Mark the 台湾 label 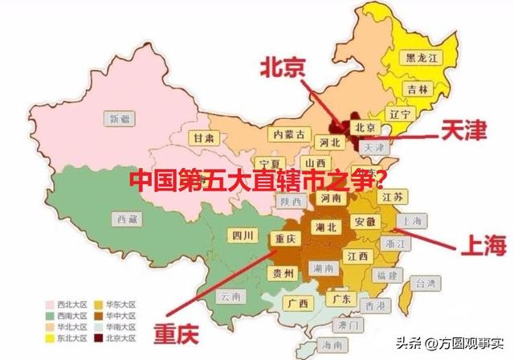tap(425, 283)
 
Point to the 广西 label tap(296, 304)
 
